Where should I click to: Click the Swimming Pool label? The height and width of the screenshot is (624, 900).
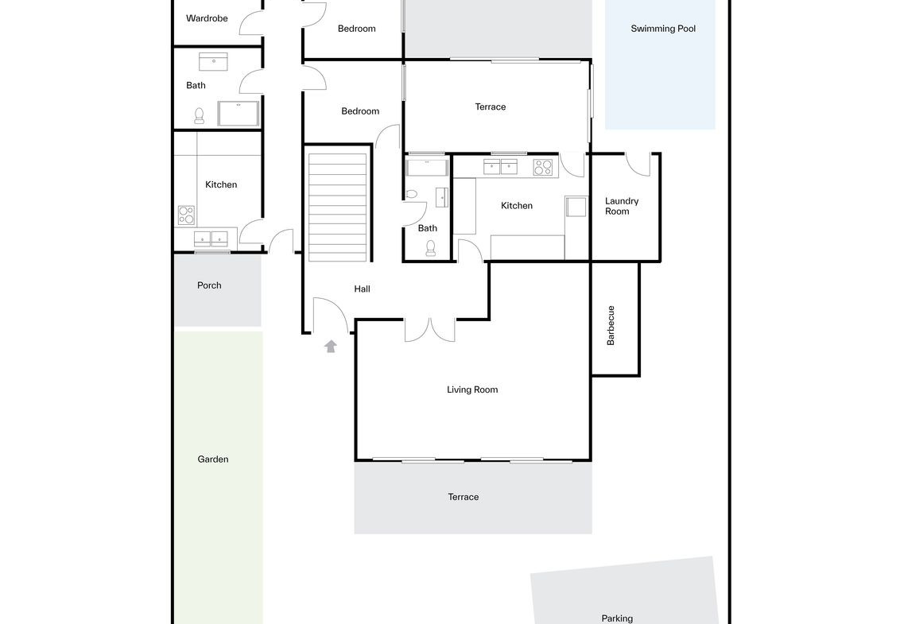663,29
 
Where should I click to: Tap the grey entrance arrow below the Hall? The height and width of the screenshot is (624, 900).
331,346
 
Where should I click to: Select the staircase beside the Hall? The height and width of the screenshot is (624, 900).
337,207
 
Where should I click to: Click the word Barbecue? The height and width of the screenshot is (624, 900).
611,325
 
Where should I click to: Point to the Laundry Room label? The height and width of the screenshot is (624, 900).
622,206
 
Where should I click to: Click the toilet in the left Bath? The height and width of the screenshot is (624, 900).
200,116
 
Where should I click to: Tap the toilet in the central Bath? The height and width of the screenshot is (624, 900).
430,248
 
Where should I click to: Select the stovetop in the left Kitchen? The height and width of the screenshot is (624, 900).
186,215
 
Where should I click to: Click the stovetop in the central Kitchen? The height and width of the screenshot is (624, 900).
543,167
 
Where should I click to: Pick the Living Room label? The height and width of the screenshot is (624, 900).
472,390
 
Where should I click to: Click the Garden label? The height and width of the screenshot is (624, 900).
213,459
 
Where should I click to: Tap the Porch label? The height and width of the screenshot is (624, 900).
209,285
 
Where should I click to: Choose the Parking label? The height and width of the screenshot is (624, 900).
617,618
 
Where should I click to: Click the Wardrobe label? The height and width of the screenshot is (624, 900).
207,18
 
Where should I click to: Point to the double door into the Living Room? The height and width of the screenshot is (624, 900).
430,330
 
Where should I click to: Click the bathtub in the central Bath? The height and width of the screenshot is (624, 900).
426,168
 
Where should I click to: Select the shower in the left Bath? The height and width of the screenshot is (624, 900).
239,114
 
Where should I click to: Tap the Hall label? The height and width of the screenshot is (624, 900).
363,289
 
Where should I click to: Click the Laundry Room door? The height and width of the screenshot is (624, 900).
637,165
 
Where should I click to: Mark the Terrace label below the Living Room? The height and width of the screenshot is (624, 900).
464,497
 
